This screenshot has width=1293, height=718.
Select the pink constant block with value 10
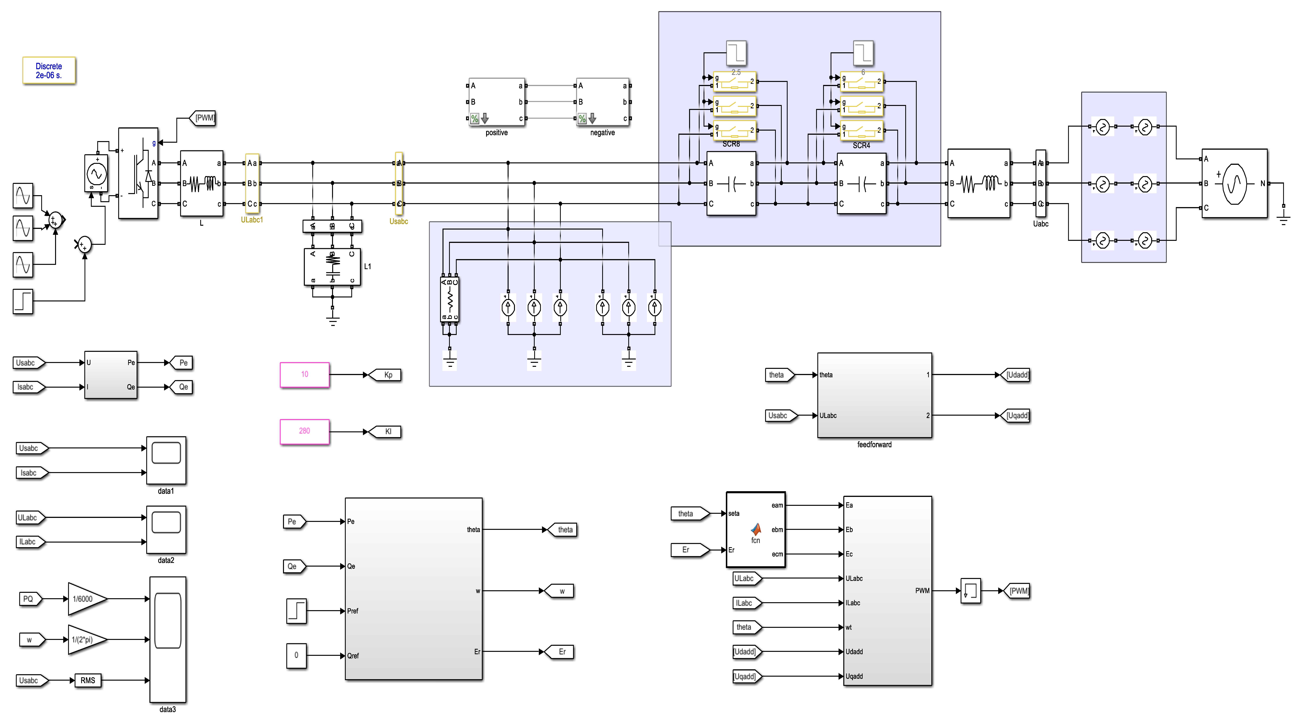[x=304, y=374]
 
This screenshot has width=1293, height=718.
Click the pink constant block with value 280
[x=304, y=431]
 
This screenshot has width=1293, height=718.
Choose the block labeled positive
[x=496, y=102]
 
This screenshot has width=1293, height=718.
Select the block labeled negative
[x=602, y=102]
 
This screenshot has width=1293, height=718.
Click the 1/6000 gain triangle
[x=85, y=599]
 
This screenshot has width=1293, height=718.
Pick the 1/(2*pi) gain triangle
[x=85, y=640]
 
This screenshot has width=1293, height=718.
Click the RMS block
[x=88, y=680]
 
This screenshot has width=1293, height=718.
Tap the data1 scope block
[x=166, y=460]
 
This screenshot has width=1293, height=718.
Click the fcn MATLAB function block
[x=755, y=529]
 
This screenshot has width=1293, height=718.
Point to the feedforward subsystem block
[x=874, y=395]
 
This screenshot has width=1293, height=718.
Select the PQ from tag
[x=29, y=599]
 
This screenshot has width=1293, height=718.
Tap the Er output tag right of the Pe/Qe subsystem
[x=561, y=652]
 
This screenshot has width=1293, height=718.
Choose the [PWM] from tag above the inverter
[x=203, y=118]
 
